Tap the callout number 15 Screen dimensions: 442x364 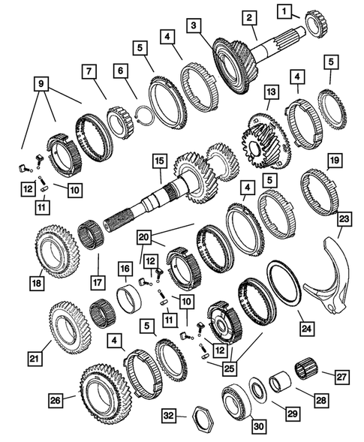click(x=158, y=161)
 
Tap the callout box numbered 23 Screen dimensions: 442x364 click(x=344, y=220)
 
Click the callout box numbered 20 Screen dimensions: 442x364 click(x=144, y=236)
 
